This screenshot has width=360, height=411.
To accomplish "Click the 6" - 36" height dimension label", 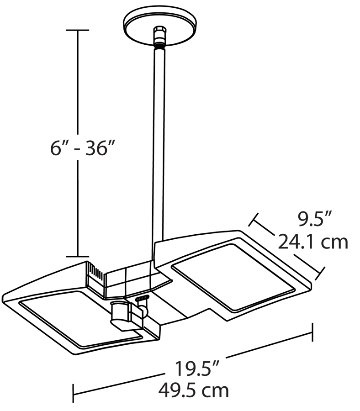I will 81,149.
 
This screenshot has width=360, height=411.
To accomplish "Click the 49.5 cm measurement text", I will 193,390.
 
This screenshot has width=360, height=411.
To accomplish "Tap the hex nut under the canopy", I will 159,34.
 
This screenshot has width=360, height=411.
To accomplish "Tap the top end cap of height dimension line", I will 76,30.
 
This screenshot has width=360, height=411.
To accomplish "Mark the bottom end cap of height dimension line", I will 76,256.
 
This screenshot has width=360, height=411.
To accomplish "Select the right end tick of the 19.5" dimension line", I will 312,332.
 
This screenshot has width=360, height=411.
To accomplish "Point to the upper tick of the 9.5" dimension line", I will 254,220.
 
